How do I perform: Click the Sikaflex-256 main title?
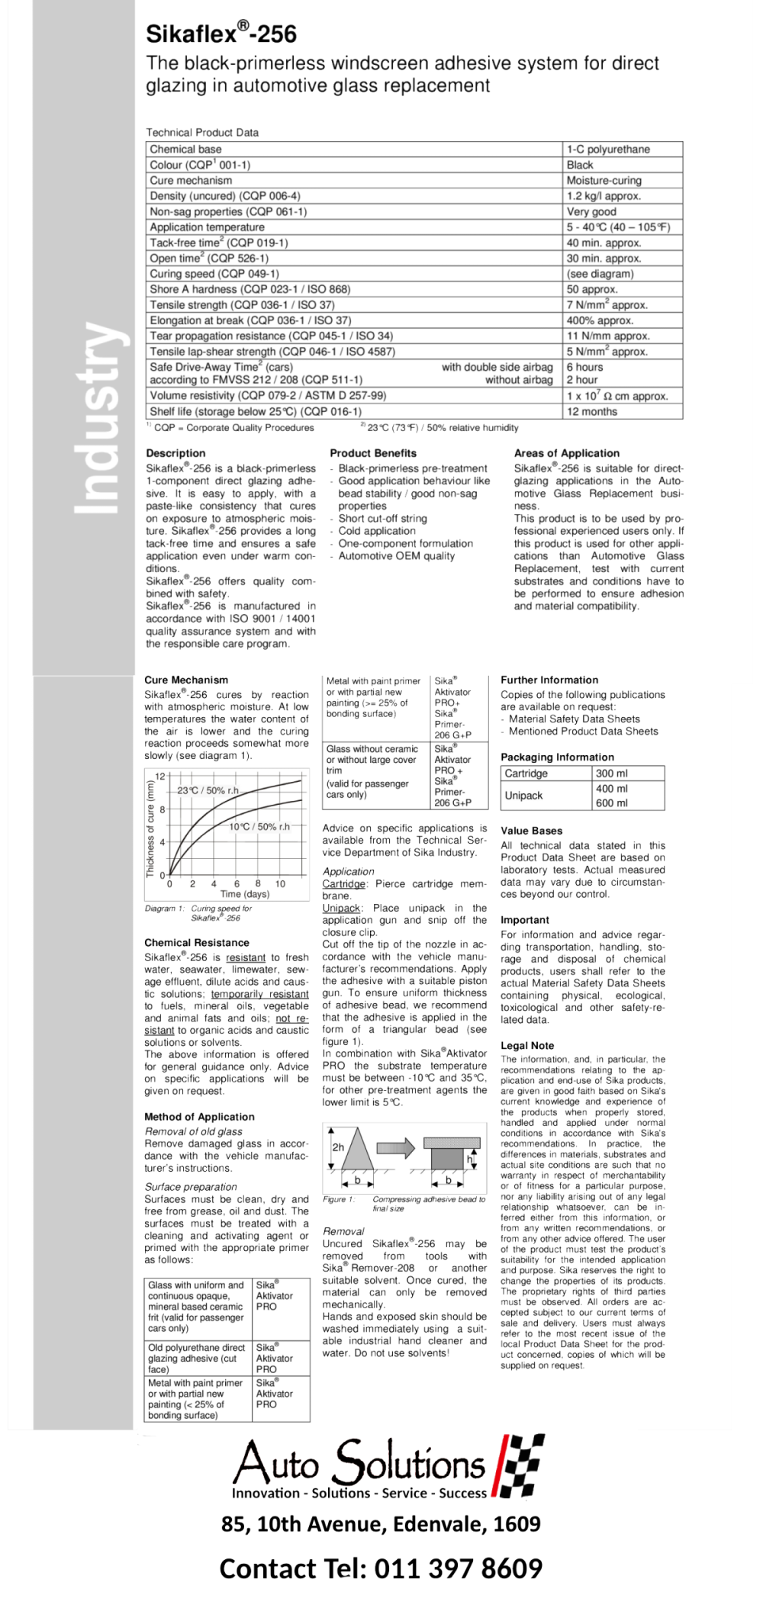click(221, 34)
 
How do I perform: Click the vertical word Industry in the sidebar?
click(98, 418)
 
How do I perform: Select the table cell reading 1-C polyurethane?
click(608, 150)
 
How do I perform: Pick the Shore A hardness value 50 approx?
click(592, 289)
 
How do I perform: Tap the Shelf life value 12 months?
click(591, 411)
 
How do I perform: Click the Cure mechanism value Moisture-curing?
click(604, 181)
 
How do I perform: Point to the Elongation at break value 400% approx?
click(600, 320)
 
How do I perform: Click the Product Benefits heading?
click(373, 453)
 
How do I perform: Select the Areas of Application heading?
click(566, 453)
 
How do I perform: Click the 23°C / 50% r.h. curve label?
click(208, 790)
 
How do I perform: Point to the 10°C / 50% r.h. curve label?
click(259, 826)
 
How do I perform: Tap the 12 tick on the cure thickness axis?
click(160, 777)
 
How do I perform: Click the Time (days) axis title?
click(244, 893)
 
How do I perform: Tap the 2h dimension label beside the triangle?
click(338, 1147)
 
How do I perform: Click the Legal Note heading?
click(527, 1045)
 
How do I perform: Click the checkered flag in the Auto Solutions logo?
click(520, 1465)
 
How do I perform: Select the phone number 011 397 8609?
click(458, 1568)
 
